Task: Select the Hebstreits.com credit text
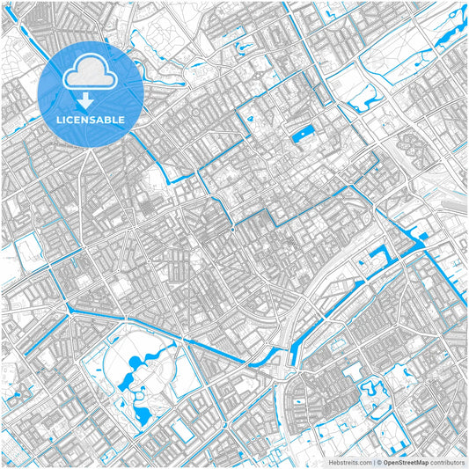tap(347, 461)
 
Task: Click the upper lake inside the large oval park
tap(136, 363)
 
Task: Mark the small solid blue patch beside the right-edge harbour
tap(423, 236)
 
